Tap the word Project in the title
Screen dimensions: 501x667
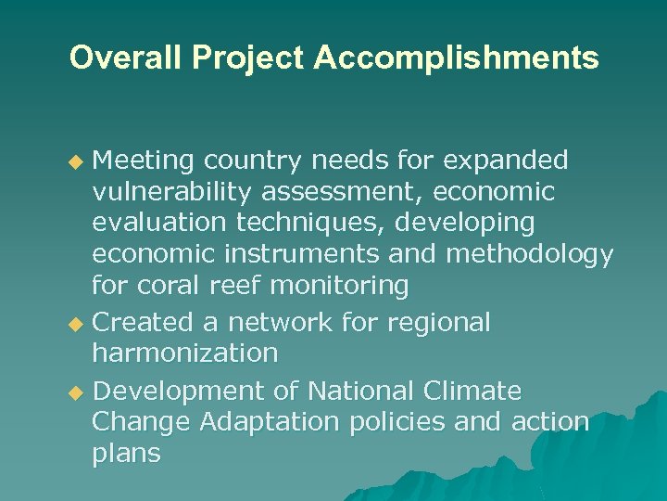click(x=243, y=58)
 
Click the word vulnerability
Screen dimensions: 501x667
click(x=172, y=192)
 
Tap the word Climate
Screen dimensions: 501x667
click(x=473, y=391)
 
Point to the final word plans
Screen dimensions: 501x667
click(x=127, y=455)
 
